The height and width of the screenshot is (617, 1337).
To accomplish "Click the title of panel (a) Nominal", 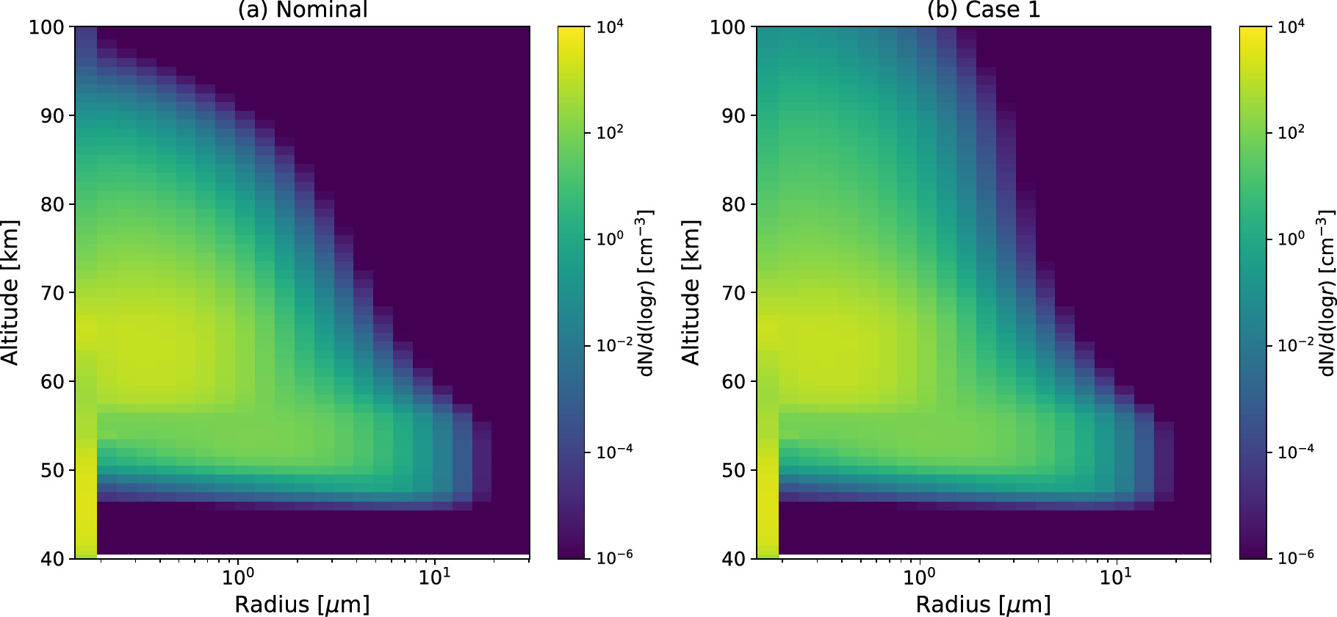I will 302,10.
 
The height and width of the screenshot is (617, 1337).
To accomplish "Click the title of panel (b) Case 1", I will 984,10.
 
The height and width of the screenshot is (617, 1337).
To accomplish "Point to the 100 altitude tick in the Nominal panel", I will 48,27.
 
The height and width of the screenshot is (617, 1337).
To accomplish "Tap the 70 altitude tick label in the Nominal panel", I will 51,293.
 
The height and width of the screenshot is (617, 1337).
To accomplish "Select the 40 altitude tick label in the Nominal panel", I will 51,559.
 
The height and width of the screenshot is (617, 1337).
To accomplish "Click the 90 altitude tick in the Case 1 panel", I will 733,116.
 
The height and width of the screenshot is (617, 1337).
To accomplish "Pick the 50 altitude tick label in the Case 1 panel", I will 733,470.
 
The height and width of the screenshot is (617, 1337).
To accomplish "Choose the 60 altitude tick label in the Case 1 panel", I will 733,382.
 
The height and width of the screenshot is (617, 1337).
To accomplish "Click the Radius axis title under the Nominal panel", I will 302,605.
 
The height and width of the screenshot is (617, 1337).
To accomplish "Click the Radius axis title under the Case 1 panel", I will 983,605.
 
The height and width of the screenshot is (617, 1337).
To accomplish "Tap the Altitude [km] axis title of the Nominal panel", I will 10,292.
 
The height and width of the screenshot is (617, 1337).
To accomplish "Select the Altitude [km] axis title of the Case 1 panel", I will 691,292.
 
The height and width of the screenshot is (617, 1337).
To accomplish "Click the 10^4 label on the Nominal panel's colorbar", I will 610,27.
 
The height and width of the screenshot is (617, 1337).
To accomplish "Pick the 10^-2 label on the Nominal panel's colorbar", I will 614,345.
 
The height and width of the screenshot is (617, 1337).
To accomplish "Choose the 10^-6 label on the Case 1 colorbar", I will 1295,558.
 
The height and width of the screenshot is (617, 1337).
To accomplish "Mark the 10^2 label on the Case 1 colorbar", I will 1291,133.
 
